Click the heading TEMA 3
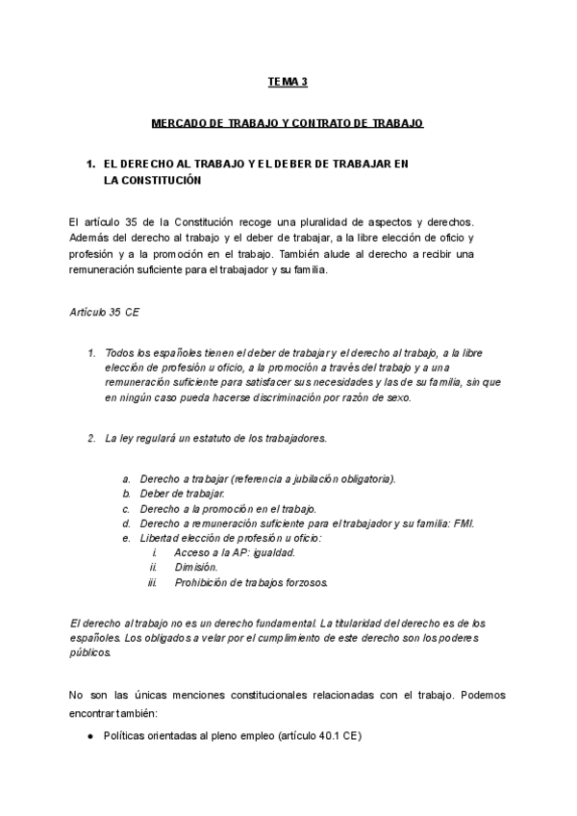pyautogui.click(x=288, y=84)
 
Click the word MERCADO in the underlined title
pyautogui.click(x=180, y=124)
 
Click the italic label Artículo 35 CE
pyautogui.click(x=106, y=313)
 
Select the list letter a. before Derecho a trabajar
pyautogui.click(x=126, y=478)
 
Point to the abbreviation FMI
pyautogui.click(x=464, y=523)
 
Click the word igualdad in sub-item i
pyautogui.click(x=271, y=553)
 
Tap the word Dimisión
pyautogui.click(x=196, y=568)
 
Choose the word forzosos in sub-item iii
pyautogui.click(x=306, y=583)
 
